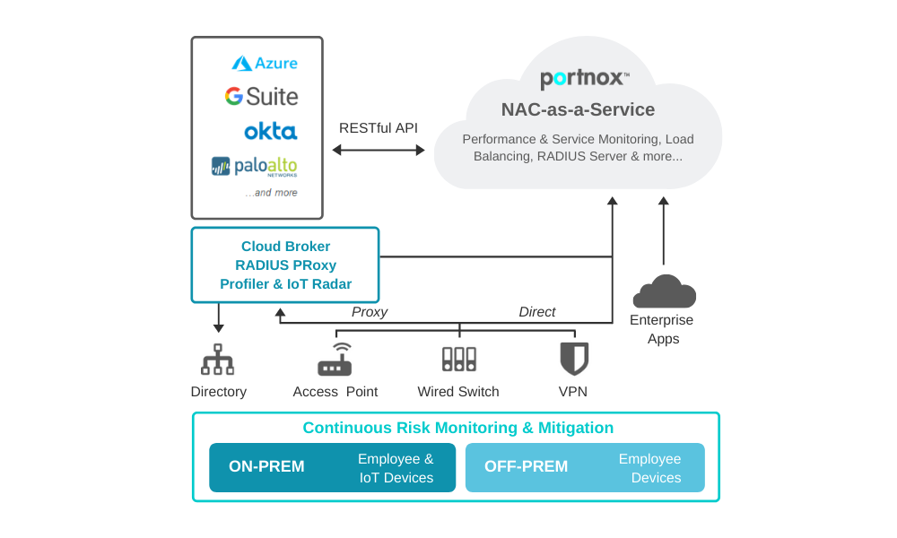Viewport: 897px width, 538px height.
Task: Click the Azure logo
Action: [x=265, y=64]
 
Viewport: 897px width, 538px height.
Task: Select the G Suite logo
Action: [x=261, y=97]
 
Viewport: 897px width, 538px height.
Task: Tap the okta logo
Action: [x=270, y=132]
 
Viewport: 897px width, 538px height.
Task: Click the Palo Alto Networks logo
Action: [x=255, y=167]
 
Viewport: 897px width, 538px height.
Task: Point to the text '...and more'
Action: [x=272, y=193]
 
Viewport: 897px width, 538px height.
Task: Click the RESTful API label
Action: [x=378, y=128]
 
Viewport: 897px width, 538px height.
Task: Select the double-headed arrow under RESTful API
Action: [x=379, y=150]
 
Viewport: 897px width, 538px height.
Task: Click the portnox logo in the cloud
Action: [x=585, y=79]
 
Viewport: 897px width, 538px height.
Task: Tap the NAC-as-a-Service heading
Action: [x=578, y=110]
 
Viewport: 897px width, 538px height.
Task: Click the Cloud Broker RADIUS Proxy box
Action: [x=285, y=265]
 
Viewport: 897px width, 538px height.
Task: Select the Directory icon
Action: [x=218, y=359]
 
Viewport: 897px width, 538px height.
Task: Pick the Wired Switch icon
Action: [x=458, y=360]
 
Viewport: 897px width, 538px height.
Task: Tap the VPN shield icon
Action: [x=574, y=359]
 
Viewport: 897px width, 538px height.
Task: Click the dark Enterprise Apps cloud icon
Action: [x=664, y=292]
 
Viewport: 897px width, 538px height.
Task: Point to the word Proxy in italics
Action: [x=370, y=312]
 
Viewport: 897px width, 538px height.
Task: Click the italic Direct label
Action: [x=536, y=312]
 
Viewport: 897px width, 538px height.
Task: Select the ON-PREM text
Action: [x=266, y=467]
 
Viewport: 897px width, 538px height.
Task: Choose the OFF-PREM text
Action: [x=526, y=467]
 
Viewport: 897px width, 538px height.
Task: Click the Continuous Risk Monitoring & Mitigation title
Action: [x=457, y=429]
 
